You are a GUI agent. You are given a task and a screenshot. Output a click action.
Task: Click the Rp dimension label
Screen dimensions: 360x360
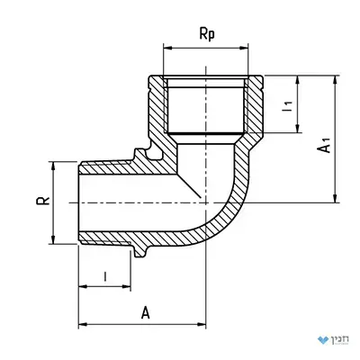207,34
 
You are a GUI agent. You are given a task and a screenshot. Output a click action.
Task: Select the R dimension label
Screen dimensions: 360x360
43,201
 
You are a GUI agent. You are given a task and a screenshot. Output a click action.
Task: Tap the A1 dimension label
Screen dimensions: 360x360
325,145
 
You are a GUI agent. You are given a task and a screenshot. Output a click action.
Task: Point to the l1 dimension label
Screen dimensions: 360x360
287,106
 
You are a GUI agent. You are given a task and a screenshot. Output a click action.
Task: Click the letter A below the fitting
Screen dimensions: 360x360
146,313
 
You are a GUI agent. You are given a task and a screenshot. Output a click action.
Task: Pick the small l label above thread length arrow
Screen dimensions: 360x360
105,276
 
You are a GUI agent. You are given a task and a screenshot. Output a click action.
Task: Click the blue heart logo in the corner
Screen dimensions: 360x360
323,340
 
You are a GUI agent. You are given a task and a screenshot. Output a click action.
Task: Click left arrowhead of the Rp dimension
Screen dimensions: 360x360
167,48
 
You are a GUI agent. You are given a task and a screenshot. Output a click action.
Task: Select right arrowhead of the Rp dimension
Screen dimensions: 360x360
245,48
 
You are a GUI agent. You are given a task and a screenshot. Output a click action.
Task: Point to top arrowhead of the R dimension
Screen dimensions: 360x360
53,166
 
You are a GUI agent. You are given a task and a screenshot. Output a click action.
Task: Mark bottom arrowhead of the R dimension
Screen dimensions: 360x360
53,239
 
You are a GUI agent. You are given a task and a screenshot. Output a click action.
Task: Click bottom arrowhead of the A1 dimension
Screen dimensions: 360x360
336,199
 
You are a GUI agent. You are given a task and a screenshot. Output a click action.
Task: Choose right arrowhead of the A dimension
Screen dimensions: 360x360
202,324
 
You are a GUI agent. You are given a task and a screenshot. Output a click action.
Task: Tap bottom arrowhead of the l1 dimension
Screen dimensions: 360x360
298,129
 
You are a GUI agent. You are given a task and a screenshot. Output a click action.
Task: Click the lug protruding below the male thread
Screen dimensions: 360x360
139,251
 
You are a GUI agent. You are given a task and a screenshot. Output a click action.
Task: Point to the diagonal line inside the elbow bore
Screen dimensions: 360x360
189,185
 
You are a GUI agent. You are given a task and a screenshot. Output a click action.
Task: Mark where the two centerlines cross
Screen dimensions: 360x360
206,202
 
